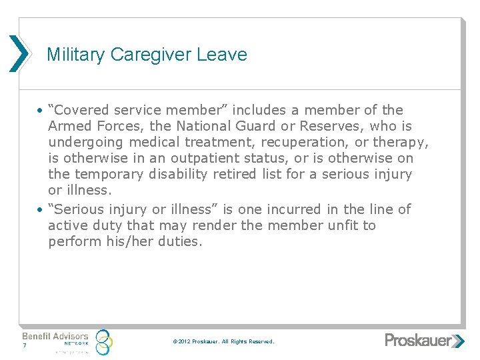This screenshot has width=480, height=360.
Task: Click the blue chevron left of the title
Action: pyautogui.click(x=19, y=53)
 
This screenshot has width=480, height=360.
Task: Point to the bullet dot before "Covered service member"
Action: pyautogui.click(x=41, y=111)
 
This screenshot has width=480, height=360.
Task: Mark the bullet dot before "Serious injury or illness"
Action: pyautogui.click(x=41, y=210)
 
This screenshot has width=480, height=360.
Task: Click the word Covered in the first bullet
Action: pyautogui.click(x=82, y=110)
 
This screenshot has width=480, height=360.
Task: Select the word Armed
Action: pyautogui.click(x=68, y=126)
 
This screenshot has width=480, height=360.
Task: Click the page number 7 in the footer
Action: pyautogui.click(x=24, y=346)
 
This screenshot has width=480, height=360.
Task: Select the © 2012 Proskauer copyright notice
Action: pyautogui.click(x=223, y=341)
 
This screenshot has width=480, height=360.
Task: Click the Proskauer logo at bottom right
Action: pyautogui.click(x=424, y=341)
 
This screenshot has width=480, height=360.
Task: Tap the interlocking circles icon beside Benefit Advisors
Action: pyautogui.click(x=103, y=342)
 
